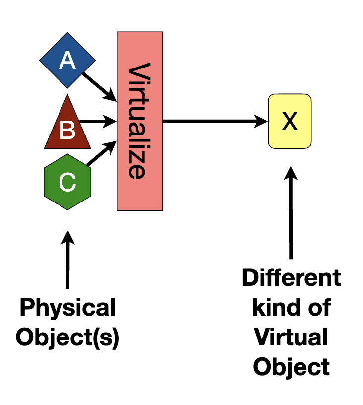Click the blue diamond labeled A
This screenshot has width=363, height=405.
pyautogui.click(x=67, y=61)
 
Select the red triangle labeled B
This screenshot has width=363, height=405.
pyautogui.click(x=67, y=127)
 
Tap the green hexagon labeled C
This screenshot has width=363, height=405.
pyautogui.click(x=67, y=182)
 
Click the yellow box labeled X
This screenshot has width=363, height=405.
pyautogui.click(x=290, y=121)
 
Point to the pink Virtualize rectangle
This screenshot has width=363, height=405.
pyautogui.click(x=139, y=121)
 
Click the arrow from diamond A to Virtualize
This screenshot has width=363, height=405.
pyautogui.click(x=98, y=85)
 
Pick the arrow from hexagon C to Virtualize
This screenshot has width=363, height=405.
pyautogui.click(x=102, y=153)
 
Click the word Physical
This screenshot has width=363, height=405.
pyautogui.click(x=67, y=308)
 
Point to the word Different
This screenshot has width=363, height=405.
pyautogui.click(x=291, y=278)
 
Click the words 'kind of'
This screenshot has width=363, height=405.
pyautogui.click(x=291, y=308)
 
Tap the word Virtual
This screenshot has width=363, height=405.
pyautogui.click(x=291, y=338)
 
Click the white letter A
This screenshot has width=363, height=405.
pyautogui.click(x=67, y=61)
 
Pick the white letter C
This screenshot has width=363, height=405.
pyautogui.click(x=67, y=183)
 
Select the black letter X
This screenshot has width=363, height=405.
pyautogui.click(x=290, y=121)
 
